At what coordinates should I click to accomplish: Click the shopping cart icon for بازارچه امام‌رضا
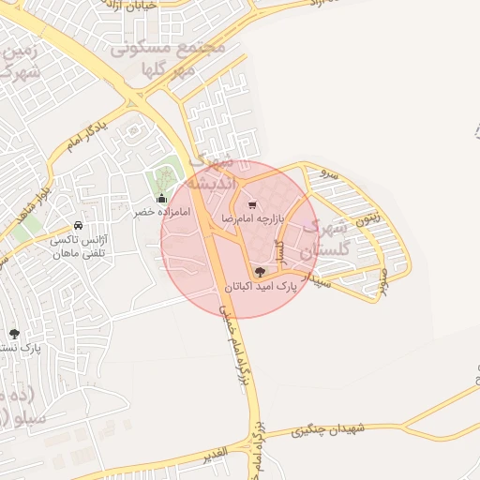coord(250,204)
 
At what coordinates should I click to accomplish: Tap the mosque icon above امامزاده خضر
coord(161,198)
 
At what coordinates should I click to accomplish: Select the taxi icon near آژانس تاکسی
coord(77,226)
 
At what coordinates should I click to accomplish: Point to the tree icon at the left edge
coord(14,333)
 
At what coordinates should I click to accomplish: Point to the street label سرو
coord(326,173)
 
